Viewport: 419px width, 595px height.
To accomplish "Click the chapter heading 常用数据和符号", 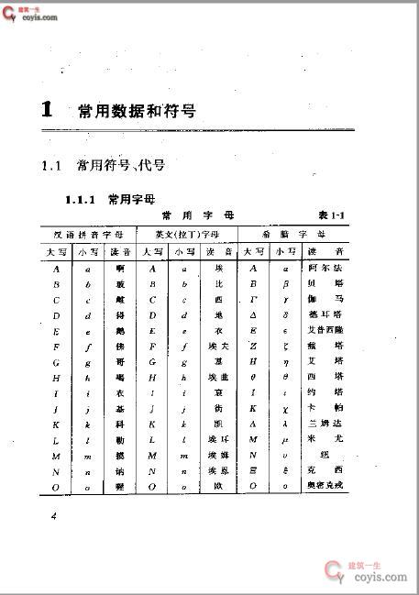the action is pos(136,111).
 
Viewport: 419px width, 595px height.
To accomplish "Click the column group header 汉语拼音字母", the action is pos(89,234).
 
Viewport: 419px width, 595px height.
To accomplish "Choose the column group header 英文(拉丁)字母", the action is pos(187,234).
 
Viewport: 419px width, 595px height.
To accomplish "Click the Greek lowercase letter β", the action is pos(287,284).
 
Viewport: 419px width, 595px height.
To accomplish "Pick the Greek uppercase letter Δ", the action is pos(253,315).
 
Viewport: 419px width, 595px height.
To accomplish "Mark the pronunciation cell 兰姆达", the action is pos(326,424).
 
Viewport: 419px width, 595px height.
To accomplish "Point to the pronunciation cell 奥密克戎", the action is pos(326,487).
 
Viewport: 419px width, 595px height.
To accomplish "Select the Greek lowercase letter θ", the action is pos(287,378).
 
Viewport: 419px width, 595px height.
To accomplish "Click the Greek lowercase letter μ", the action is pos(287,440).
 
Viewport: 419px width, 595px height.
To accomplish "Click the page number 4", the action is pos(54,517).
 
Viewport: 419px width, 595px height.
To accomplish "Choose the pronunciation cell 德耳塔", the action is pos(326,315).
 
